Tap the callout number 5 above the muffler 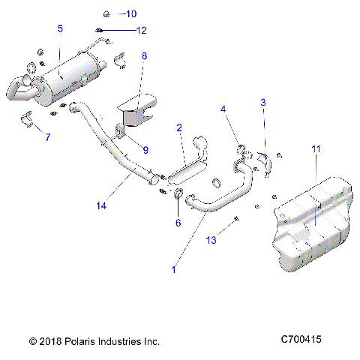point(60,28)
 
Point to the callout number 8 point(145,55)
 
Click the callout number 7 point(47,137)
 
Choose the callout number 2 point(179,127)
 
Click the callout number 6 point(178,222)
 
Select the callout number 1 point(175,269)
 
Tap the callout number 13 point(212,240)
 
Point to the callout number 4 point(223,109)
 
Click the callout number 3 point(262,101)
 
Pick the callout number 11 point(316,150)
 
